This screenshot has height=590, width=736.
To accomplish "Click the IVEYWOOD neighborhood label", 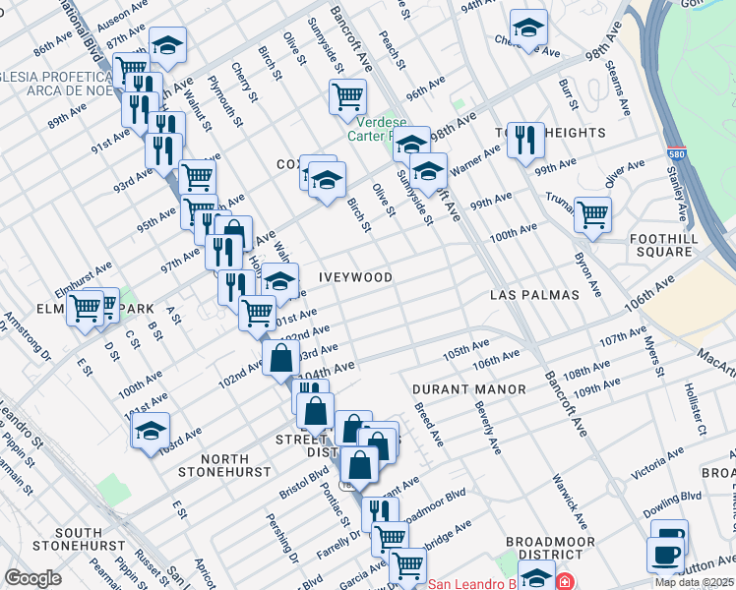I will (x=355, y=278).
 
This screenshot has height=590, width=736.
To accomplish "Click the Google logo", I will (x=32, y=578).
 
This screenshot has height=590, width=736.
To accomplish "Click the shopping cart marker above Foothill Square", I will (x=592, y=213).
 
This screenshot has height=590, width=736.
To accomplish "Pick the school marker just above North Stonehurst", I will (x=151, y=431).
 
